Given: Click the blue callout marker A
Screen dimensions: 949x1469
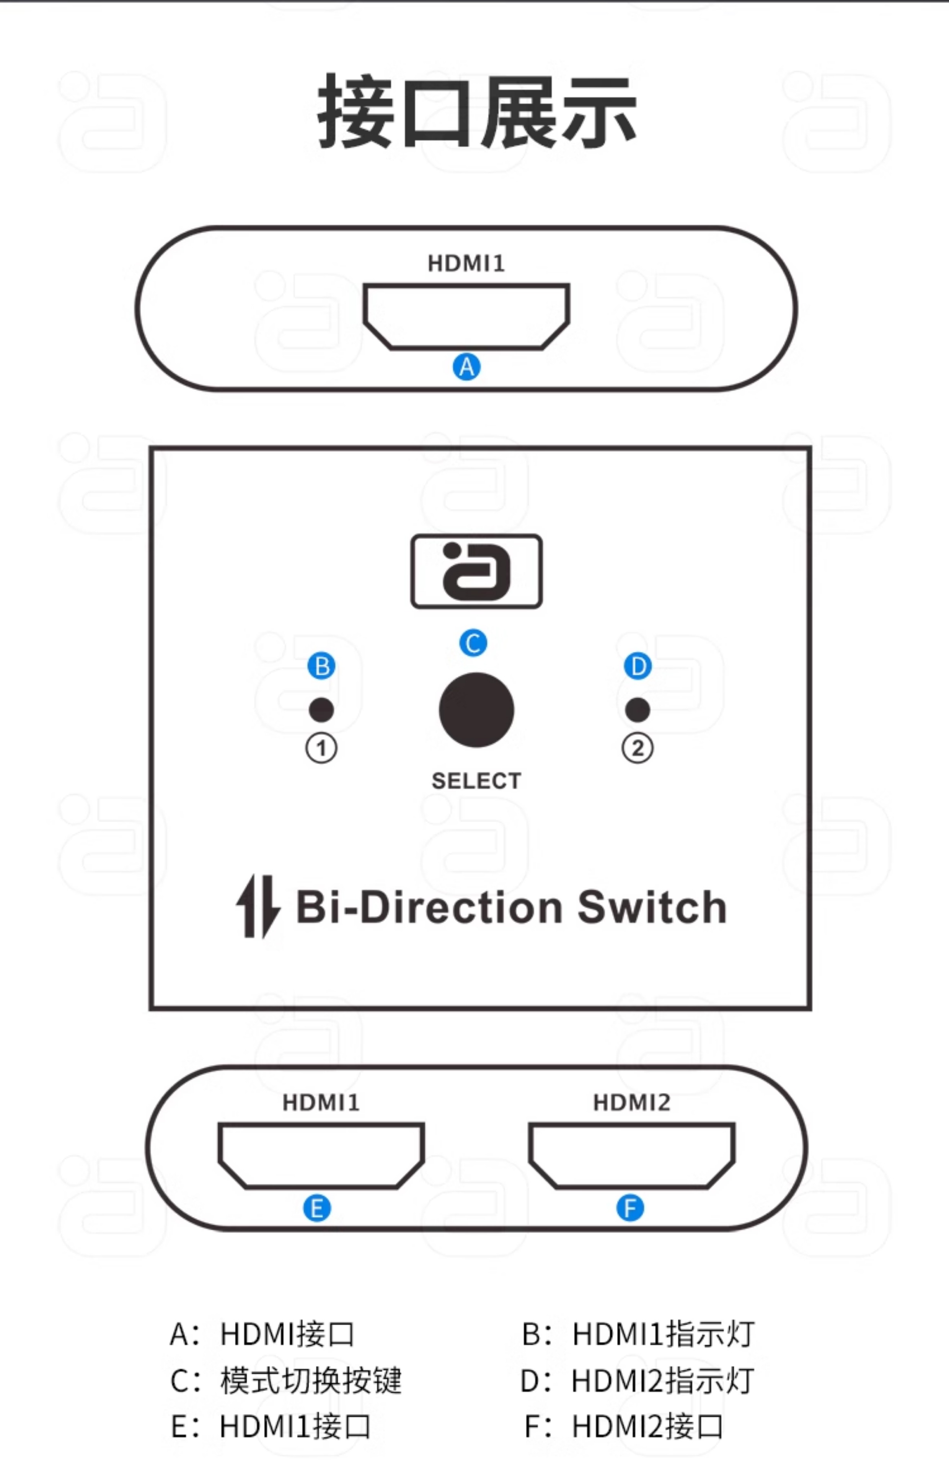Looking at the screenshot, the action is pos(466,367).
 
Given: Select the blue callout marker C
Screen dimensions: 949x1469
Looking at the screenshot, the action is pos(473,643).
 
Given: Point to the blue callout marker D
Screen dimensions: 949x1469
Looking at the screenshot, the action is pos(638,666).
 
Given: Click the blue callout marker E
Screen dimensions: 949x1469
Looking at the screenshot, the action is pos(317,1208).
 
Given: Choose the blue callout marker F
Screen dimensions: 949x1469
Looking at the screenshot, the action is pos(630,1208).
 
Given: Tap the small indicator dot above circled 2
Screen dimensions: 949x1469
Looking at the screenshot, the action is pos(638,710).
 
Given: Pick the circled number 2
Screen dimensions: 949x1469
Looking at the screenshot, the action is pos(638,749).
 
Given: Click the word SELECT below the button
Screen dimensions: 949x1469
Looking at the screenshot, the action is pos(476,781).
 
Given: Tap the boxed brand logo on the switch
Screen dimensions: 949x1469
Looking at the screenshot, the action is pos(476,572).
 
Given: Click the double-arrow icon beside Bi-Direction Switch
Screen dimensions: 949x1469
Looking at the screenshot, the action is pos(258,907).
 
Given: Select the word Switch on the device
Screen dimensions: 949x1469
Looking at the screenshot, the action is pos(652,907).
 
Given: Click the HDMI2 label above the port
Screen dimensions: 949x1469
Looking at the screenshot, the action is pos(632,1103).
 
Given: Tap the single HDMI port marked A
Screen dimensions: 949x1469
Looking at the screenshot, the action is pos(466,315).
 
